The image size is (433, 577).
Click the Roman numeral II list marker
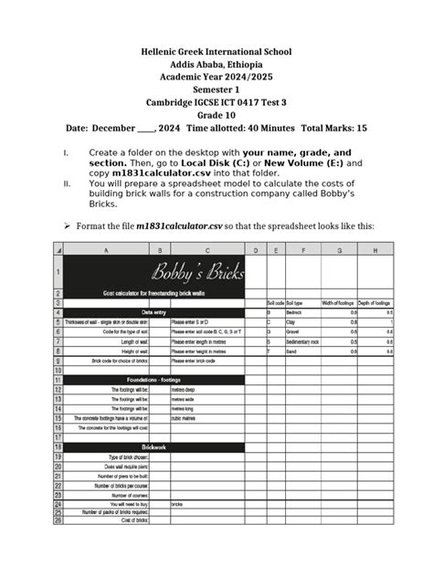coord(64,182)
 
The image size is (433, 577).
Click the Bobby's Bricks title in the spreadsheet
coord(192,272)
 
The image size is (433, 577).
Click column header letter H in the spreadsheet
coord(376,250)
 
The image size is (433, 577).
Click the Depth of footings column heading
coord(375,302)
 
